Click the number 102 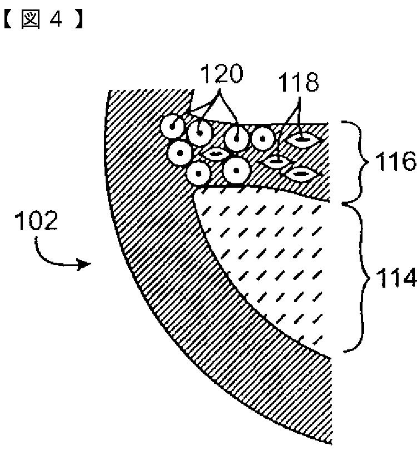36,222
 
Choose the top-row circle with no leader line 263,137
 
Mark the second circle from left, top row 200,133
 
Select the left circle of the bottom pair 198,173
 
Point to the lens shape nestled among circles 214,152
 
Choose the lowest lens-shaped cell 300,174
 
